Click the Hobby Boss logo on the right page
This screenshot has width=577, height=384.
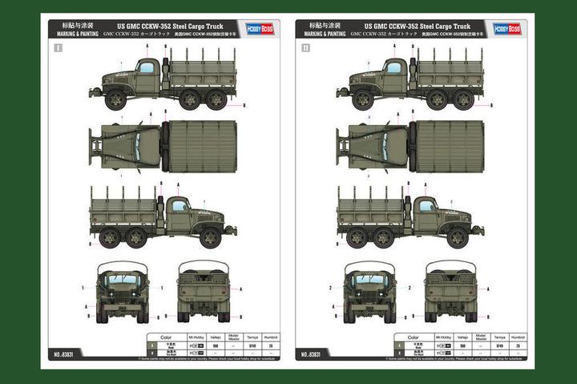[506, 28]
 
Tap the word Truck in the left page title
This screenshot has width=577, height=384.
[218, 25]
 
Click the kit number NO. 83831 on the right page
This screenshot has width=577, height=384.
[313, 353]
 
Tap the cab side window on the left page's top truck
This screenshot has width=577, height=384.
[146, 67]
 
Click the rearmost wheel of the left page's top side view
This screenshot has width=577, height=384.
[217, 99]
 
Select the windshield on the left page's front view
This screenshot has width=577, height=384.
[123, 278]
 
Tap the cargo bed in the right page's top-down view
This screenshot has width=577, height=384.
[450, 147]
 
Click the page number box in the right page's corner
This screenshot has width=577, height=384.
[304, 47]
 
